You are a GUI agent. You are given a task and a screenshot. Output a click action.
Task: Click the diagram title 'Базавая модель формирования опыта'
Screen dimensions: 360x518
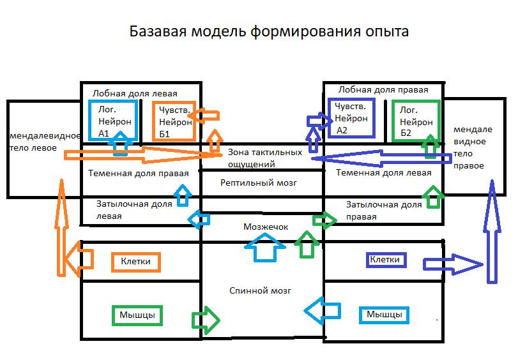(x=268, y=31)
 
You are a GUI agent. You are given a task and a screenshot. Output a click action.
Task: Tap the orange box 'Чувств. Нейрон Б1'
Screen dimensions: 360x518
(x=174, y=121)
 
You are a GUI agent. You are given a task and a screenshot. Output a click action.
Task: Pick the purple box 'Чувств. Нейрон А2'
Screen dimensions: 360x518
(x=351, y=118)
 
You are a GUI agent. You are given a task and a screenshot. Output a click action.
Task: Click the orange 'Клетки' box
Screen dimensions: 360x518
(x=135, y=261)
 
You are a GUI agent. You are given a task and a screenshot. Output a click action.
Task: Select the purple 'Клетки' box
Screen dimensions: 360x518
(x=385, y=260)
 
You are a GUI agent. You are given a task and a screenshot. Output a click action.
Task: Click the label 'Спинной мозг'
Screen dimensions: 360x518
(x=260, y=290)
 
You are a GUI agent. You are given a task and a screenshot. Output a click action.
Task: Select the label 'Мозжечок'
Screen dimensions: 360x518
(x=266, y=227)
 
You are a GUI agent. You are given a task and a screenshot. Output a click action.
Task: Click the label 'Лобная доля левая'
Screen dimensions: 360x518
(x=135, y=93)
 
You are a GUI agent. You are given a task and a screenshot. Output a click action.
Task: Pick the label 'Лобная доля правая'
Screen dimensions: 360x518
(x=383, y=90)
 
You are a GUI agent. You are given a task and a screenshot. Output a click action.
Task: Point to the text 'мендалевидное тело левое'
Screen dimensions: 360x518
(x=44, y=142)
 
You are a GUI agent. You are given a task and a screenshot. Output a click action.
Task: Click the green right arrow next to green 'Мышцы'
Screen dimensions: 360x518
(x=206, y=319)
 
